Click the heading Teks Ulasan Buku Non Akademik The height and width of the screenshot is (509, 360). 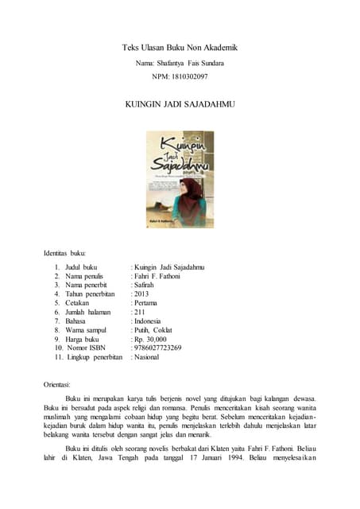click(180, 48)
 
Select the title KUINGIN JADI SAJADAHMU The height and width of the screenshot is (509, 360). click(180, 105)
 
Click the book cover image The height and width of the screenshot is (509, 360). click(180, 179)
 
